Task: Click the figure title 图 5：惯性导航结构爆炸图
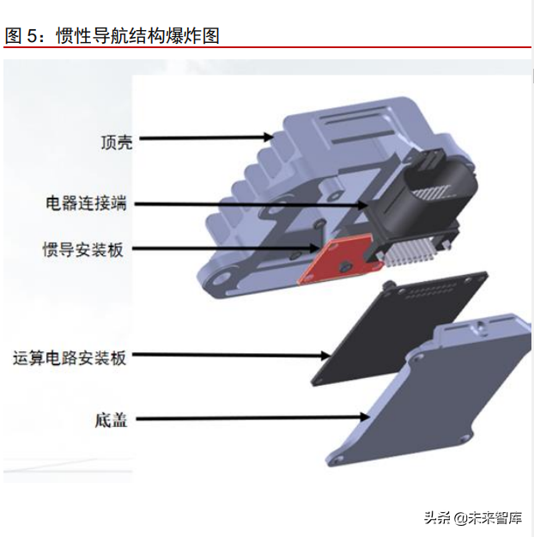pyautogui.click(x=112, y=35)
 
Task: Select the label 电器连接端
pyautogui.click(x=86, y=204)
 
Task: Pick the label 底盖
pyautogui.click(x=112, y=421)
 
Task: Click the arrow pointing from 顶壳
pyautogui.click(x=206, y=137)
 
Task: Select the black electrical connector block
pyautogui.click(x=412, y=198)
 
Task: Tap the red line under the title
pyautogui.click(x=267, y=47)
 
